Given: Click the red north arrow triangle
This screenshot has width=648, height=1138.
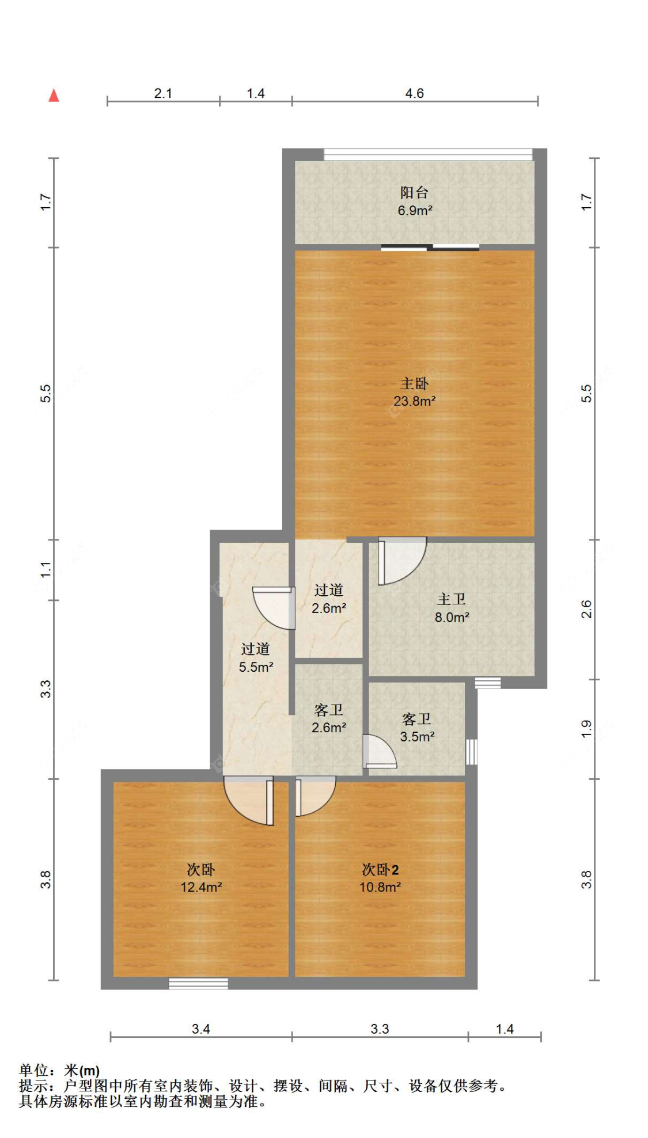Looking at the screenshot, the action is click(x=54, y=95).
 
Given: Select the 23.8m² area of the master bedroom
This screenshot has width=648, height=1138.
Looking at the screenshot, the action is click(x=415, y=401).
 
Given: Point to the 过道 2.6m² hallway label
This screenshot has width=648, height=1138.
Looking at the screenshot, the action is click(x=329, y=599).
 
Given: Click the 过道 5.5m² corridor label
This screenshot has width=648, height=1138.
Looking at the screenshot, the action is click(x=256, y=658).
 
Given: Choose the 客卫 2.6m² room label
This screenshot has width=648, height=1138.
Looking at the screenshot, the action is click(x=329, y=718).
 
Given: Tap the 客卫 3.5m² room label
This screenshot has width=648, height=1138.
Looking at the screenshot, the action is click(x=417, y=728).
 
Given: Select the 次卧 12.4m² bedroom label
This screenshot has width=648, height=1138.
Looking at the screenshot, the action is click(x=201, y=878).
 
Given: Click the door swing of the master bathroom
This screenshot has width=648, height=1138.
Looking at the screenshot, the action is click(x=401, y=561).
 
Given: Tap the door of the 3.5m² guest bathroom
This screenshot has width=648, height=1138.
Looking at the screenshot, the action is click(x=380, y=752).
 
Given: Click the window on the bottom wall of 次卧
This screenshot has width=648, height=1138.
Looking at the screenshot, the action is click(x=198, y=983).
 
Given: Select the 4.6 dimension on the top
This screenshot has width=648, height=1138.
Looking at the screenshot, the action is click(x=414, y=93).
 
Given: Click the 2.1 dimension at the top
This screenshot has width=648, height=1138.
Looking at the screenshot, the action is click(x=163, y=93).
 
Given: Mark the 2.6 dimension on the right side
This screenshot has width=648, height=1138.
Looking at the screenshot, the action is click(x=586, y=609).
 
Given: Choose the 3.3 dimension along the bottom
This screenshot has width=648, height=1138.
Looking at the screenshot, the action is click(x=380, y=1029).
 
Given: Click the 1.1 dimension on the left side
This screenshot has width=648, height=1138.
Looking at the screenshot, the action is click(x=46, y=570).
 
